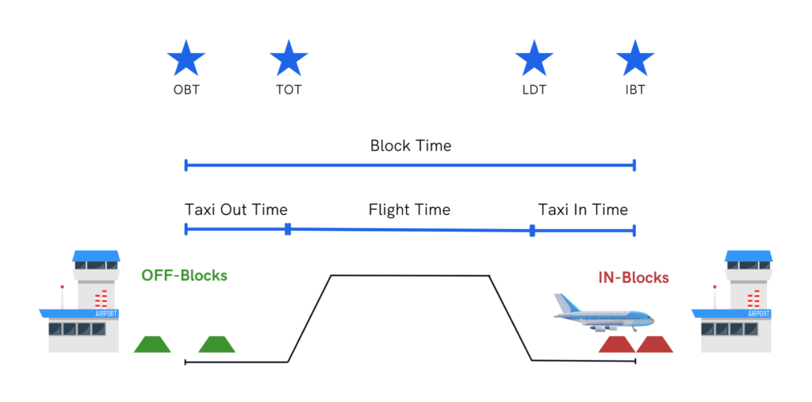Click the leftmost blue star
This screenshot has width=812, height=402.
click(186, 59)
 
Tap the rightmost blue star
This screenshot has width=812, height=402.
click(634, 59)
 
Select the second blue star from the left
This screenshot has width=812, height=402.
click(289, 59)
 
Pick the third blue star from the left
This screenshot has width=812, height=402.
click(534, 59)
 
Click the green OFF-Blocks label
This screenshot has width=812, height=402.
click(185, 276)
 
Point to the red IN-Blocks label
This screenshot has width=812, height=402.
click(633, 278)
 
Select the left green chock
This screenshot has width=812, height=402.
click(152, 345)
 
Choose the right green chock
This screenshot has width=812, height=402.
click(216, 345)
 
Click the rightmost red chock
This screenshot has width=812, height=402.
click(655, 345)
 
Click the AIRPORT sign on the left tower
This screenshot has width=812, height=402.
click(105, 313)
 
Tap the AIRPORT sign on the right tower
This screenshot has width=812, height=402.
click(758, 313)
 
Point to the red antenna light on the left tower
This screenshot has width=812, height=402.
click(62, 286)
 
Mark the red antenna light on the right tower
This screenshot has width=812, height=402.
click(714, 286)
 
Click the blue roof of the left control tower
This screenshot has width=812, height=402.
click(96, 256)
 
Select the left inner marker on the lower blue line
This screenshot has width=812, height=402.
click(288, 229)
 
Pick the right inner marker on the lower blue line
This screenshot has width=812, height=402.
click(532, 231)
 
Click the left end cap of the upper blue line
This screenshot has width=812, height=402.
click(186, 165)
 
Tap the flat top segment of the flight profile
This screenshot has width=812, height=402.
click(409, 276)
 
